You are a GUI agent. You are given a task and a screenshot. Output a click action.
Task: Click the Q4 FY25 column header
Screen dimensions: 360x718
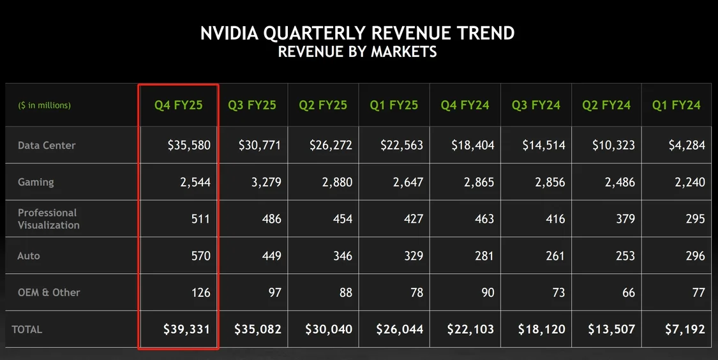[x=178, y=105]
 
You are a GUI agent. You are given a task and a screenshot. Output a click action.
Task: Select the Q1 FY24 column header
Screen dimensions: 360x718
[x=676, y=105]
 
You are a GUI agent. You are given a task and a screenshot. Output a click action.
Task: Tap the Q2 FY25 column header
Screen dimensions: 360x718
[x=323, y=105]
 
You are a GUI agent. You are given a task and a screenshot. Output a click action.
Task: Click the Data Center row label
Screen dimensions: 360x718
[x=47, y=146]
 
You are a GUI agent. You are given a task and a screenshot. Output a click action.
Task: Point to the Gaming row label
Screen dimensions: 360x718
[x=36, y=182]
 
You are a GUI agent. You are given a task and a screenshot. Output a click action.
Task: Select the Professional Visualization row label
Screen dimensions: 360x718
[x=49, y=219]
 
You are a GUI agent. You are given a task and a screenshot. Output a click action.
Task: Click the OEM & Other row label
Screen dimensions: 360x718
[x=49, y=292]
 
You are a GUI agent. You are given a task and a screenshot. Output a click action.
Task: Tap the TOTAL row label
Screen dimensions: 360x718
[x=27, y=329]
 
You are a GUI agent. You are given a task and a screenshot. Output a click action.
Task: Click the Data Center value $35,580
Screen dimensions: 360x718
[x=189, y=146]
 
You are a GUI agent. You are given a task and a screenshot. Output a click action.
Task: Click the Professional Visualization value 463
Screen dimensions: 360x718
[x=484, y=219]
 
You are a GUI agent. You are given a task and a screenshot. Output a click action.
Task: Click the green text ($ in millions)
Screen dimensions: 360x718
[x=44, y=105]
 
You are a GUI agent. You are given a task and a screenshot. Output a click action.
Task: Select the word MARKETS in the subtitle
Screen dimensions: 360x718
[x=405, y=52]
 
